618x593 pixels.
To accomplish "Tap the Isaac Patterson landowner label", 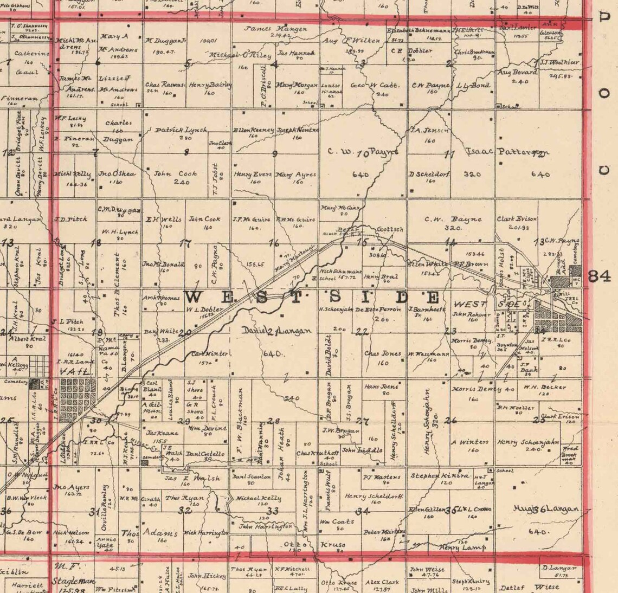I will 507,152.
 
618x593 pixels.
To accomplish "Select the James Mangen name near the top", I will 276,29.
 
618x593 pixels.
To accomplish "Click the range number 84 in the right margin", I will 600,276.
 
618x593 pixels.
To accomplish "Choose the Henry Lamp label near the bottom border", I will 462,547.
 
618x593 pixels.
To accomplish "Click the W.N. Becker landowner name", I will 537,387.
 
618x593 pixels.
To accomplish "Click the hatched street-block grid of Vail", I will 79,397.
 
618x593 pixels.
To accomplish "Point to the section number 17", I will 186,243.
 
